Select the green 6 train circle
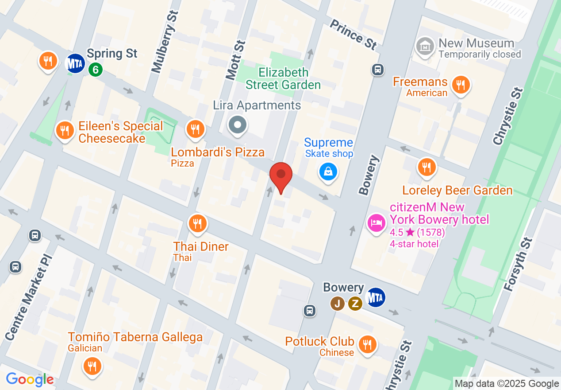[95, 69]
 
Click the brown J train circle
[338, 304]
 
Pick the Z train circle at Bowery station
[355, 304]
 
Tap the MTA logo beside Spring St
[75, 63]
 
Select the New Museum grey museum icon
[425, 46]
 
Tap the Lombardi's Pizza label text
[218, 152]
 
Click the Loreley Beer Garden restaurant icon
[427, 167]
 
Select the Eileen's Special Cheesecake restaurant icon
[65, 130]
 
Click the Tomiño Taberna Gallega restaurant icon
[92, 367]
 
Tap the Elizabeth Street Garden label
[283, 78]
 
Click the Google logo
[30, 379]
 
